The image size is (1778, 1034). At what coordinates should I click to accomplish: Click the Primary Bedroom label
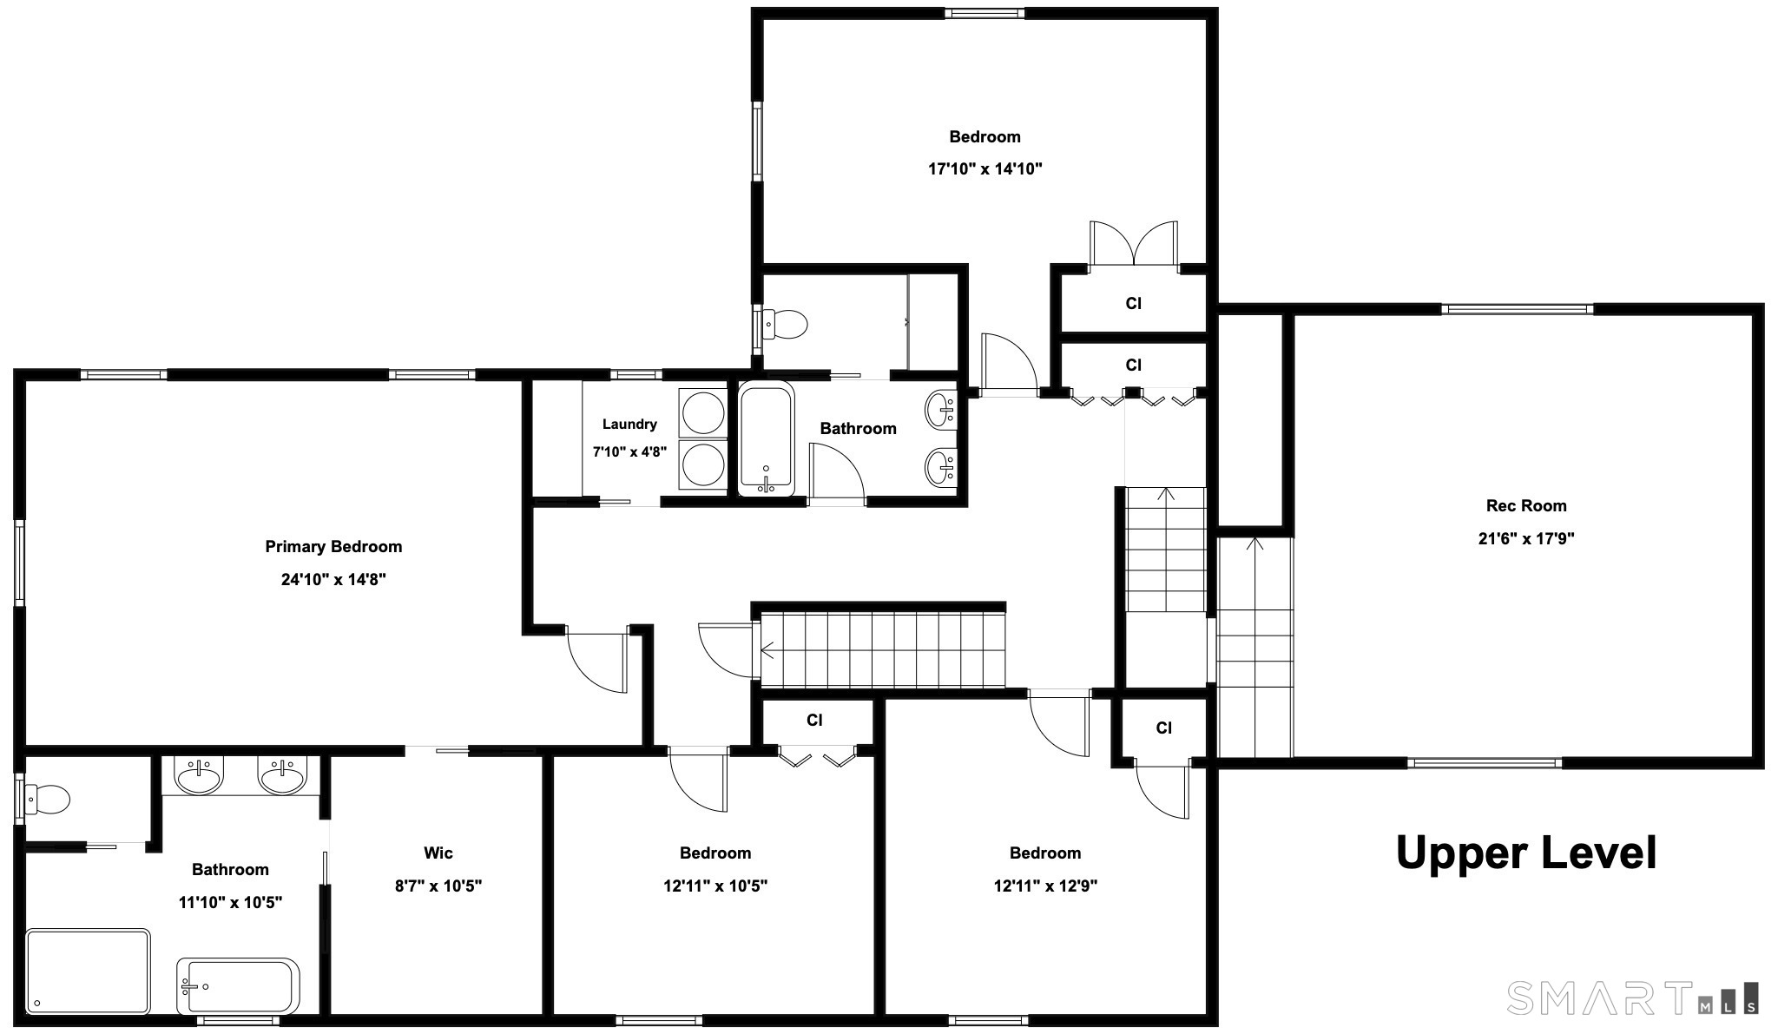[333, 547]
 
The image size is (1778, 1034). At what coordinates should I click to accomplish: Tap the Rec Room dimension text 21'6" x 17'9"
[1526, 538]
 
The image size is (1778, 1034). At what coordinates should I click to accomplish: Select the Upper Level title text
[1526, 853]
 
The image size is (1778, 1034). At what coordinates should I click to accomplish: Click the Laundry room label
[629, 425]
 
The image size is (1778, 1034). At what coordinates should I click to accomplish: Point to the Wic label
[438, 853]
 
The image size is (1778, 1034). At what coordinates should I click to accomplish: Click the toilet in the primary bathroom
[47, 800]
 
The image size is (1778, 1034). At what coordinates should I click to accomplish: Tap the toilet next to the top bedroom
[785, 325]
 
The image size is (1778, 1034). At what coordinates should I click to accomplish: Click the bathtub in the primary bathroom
[238, 986]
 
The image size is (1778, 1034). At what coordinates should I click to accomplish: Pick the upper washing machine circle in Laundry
[703, 412]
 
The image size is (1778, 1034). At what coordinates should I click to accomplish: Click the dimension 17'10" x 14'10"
[984, 168]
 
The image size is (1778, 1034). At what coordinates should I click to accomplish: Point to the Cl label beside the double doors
[1133, 303]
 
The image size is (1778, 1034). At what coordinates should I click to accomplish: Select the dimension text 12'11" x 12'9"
[1045, 886]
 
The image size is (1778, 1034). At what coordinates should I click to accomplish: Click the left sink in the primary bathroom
[201, 776]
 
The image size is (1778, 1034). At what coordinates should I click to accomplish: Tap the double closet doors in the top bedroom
[1134, 243]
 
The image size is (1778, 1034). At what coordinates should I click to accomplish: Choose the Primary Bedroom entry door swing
[596, 662]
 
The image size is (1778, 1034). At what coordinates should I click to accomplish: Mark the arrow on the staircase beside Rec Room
[1254, 544]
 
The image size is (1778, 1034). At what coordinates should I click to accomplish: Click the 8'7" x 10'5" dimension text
[438, 886]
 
